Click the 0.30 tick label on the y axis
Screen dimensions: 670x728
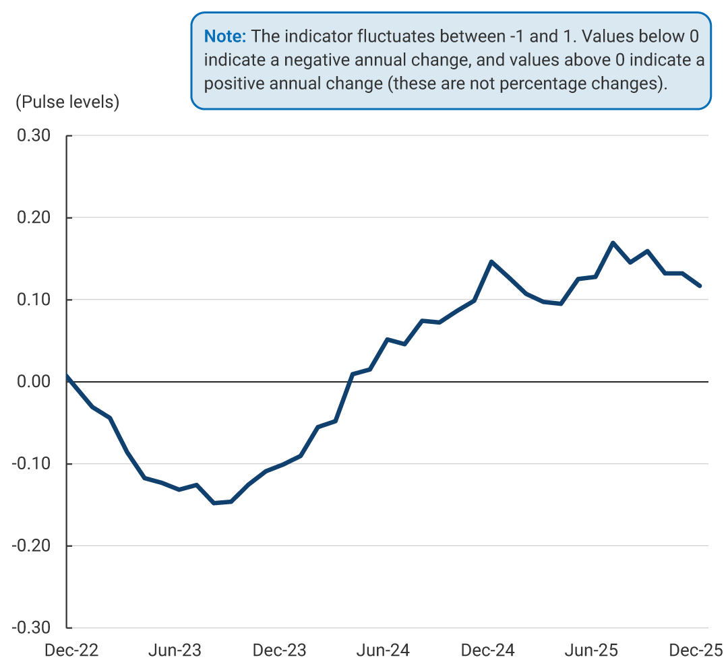point(33,135)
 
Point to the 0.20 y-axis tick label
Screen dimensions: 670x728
point(33,217)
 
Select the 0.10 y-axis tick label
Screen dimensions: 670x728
point(33,300)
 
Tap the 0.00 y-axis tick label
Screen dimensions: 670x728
point(33,382)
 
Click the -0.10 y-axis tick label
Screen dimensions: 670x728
point(31,464)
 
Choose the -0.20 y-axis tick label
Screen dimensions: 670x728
point(31,545)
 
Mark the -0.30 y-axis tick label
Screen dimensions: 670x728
point(31,628)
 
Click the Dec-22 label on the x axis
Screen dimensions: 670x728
point(71,650)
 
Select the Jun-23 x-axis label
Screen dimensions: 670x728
point(175,650)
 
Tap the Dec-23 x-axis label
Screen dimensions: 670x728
point(279,650)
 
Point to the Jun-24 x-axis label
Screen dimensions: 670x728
point(383,650)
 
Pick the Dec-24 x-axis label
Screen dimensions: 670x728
point(488,650)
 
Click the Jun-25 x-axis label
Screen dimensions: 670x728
point(591,650)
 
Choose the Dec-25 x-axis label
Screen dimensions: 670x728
point(695,650)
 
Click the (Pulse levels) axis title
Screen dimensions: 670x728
point(67,102)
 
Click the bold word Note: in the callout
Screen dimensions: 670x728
point(224,36)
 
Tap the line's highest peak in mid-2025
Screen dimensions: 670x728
point(613,242)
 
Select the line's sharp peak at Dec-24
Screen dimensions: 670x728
point(491,261)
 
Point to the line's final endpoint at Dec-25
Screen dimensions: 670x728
point(700,286)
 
